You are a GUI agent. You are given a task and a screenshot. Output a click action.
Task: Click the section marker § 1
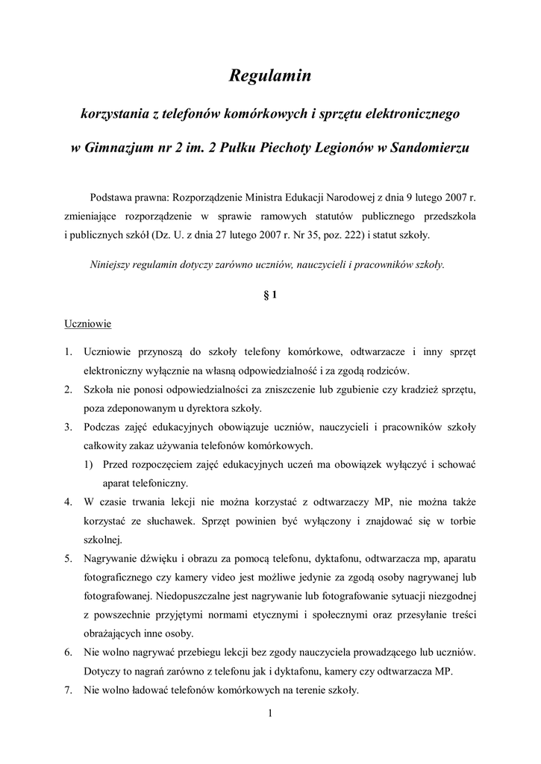[x=270, y=295]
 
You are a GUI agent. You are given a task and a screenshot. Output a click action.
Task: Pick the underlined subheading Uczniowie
[x=87, y=325]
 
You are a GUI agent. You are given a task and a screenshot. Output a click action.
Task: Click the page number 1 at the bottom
[x=270, y=716]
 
